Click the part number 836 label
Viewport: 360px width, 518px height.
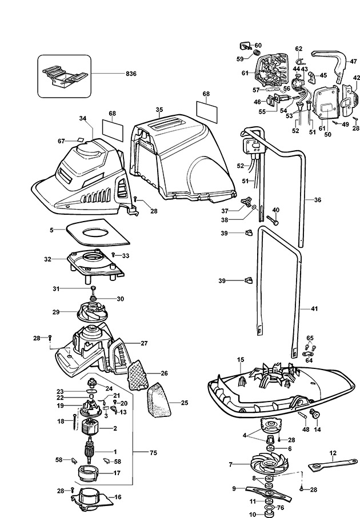(x=131, y=74)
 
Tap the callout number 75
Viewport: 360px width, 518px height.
(x=153, y=452)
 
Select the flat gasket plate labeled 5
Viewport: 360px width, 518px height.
(x=98, y=232)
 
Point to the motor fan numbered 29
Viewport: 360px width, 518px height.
(x=92, y=312)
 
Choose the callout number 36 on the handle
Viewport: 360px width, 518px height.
(x=317, y=200)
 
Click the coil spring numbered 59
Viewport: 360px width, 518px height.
(x=256, y=53)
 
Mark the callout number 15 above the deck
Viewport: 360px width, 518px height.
(x=241, y=359)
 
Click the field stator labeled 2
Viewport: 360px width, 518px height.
(x=90, y=428)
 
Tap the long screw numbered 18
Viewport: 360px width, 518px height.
(x=75, y=422)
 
